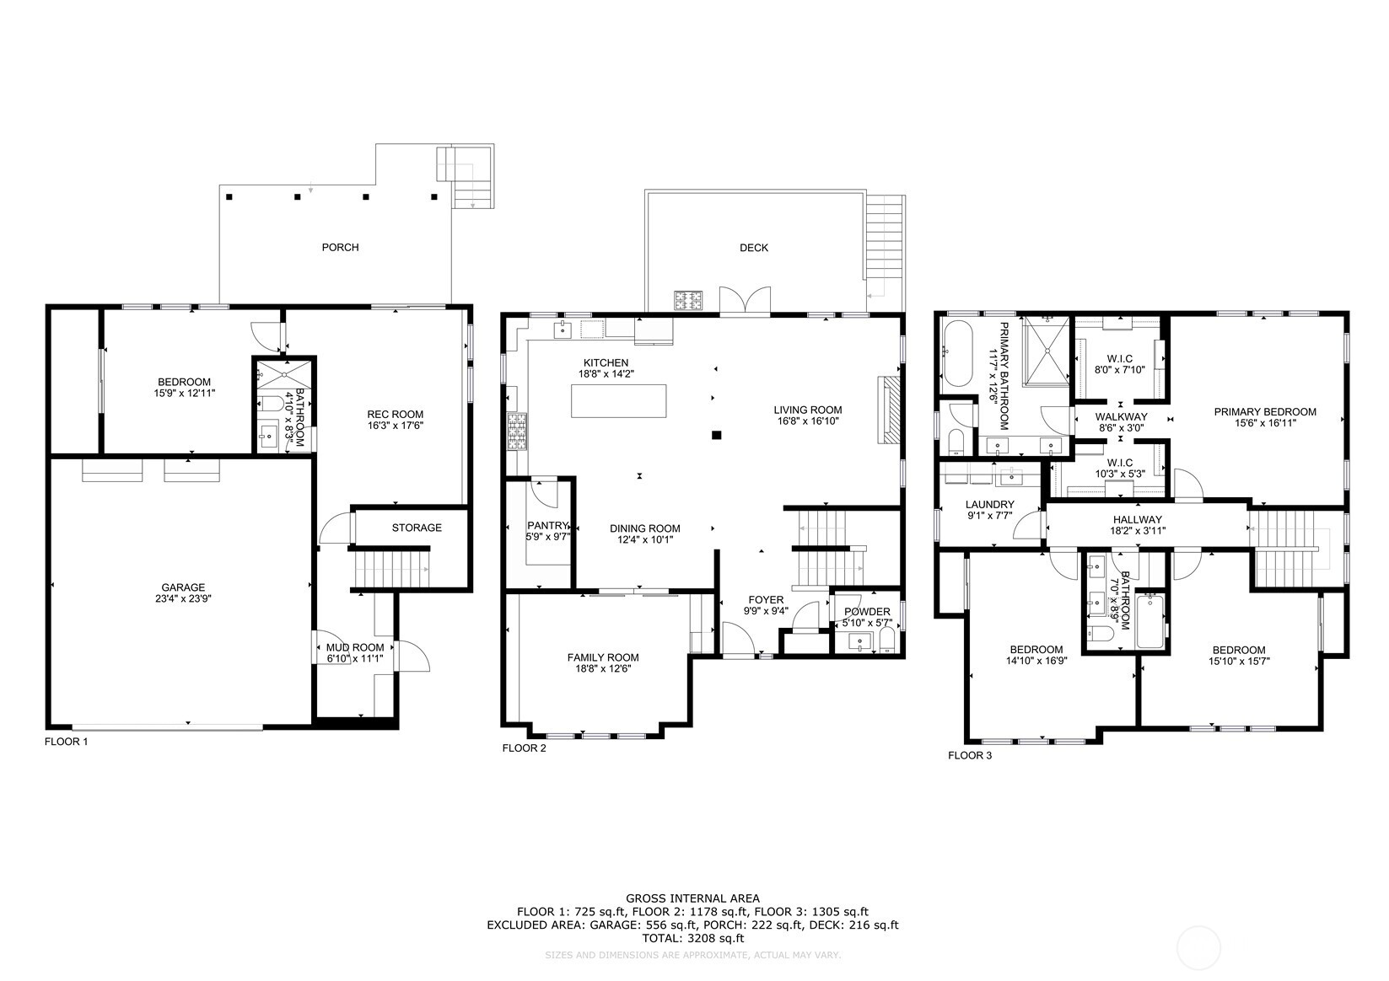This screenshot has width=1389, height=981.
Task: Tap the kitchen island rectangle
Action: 618,400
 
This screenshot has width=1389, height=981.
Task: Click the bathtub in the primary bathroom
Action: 956,354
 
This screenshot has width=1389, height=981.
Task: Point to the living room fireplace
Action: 889,410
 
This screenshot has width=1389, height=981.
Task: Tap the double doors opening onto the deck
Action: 745,302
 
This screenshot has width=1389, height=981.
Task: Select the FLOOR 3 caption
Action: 969,755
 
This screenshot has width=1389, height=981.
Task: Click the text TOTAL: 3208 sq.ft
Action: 692,937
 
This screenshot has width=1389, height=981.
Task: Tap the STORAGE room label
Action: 417,528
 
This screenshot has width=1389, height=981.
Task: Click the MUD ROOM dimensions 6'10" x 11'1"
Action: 354,658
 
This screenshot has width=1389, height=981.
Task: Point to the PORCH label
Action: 340,247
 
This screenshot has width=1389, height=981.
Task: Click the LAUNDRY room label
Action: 989,505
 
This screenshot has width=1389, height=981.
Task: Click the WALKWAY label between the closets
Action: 1121,416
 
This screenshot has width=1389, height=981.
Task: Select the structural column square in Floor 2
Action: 716,435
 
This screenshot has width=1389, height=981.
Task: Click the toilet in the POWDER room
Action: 886,644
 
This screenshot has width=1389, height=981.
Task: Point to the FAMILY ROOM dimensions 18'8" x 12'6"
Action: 602,668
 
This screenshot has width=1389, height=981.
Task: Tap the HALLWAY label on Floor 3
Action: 1137,519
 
